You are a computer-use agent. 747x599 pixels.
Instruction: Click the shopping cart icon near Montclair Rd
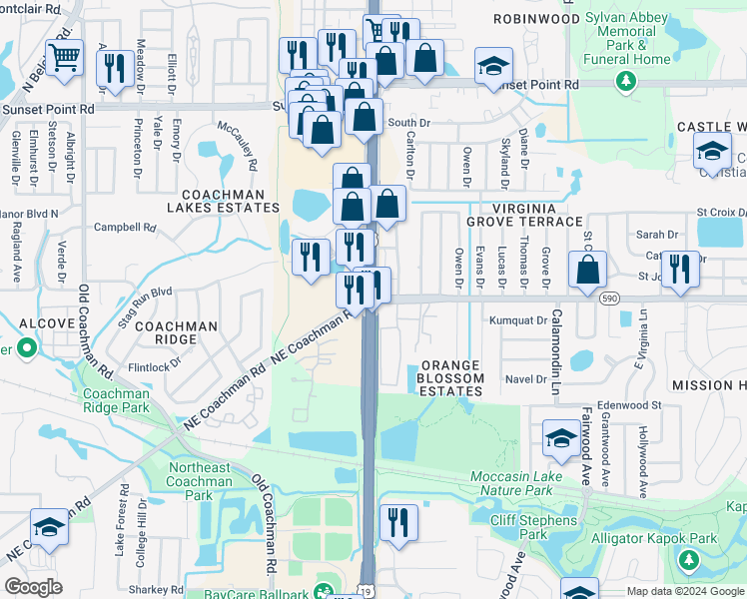[x=64, y=58]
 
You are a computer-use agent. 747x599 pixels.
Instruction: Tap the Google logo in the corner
[x=33, y=587]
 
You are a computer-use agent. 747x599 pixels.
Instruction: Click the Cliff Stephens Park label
[x=533, y=527]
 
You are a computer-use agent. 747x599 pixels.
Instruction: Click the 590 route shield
[x=608, y=298]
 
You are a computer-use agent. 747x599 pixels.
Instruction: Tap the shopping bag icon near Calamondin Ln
[x=588, y=268]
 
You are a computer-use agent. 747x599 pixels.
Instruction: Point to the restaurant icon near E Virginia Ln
[x=680, y=269]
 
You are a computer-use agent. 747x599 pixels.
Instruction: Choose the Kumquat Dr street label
[x=519, y=321]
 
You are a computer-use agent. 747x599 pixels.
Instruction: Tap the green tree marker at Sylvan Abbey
[x=626, y=81]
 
